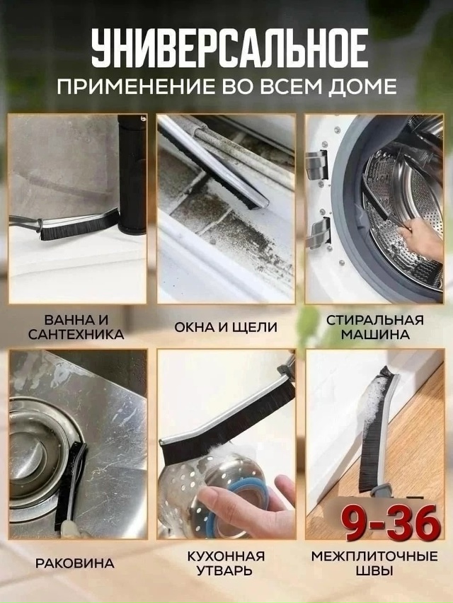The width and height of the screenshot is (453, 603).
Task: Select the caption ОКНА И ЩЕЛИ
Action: [226, 327]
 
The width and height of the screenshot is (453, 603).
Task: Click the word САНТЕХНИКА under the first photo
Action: [76, 335]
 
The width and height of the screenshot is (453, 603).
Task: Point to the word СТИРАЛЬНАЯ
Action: [375, 321]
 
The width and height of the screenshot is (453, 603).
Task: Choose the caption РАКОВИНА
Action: [75, 563]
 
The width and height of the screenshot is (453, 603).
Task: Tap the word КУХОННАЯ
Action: [226, 556]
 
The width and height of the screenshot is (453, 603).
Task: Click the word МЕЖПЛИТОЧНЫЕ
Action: [374, 556]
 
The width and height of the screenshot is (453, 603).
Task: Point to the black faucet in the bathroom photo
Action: [132, 174]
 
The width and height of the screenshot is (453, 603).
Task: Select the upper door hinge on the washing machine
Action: [318, 164]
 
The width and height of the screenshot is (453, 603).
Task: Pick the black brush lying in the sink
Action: [70, 488]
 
